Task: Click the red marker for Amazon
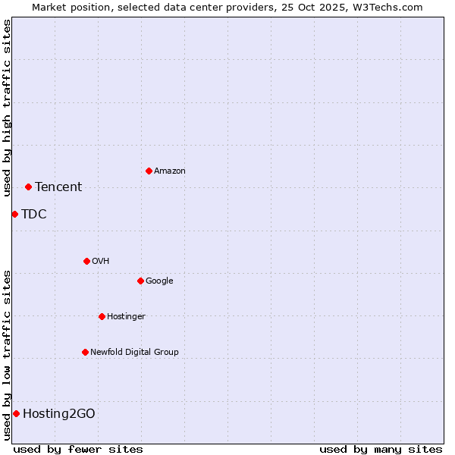click(149, 171)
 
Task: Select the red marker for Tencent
click(28, 187)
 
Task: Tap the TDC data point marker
click(14, 214)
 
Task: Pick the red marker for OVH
click(86, 261)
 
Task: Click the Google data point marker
click(140, 281)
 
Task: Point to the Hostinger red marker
click(102, 316)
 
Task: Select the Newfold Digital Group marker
click(85, 352)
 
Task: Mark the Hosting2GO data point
click(16, 413)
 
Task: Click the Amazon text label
click(170, 171)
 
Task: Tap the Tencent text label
click(58, 187)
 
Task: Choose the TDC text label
click(34, 214)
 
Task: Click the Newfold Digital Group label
click(134, 352)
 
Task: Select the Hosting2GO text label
click(59, 413)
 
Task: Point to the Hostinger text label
click(126, 316)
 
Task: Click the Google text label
click(159, 281)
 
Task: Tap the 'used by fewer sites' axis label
click(78, 449)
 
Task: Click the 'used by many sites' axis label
click(381, 449)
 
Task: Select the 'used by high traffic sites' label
click(7, 108)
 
